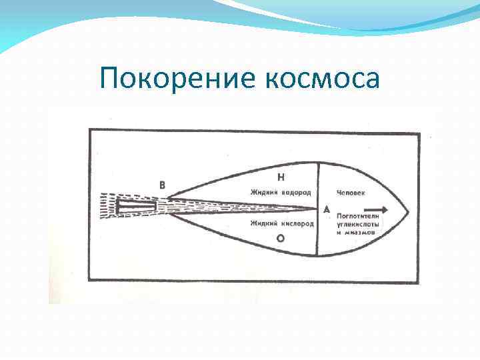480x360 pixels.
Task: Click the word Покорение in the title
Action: coord(172,79)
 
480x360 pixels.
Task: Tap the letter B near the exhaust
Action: coord(162,185)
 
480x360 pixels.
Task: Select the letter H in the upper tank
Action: coord(281,177)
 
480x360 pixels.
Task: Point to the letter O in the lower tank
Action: coord(281,237)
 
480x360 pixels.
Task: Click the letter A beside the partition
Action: coord(326,209)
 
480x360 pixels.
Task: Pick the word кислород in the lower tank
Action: coord(296,224)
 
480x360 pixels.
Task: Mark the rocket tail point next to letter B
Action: coord(167,198)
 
